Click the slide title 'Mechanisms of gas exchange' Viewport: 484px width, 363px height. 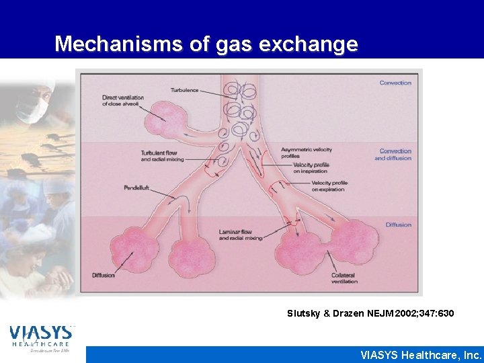206,44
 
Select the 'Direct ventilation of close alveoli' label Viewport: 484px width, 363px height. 123,101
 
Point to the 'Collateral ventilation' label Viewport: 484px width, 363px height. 345,278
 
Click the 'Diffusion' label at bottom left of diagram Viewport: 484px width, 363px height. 104,275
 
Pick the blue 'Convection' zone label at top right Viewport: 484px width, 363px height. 395,83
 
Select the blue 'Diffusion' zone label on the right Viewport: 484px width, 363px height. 398,225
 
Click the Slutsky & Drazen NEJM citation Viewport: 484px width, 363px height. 370,313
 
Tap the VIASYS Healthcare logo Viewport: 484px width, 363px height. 41,338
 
